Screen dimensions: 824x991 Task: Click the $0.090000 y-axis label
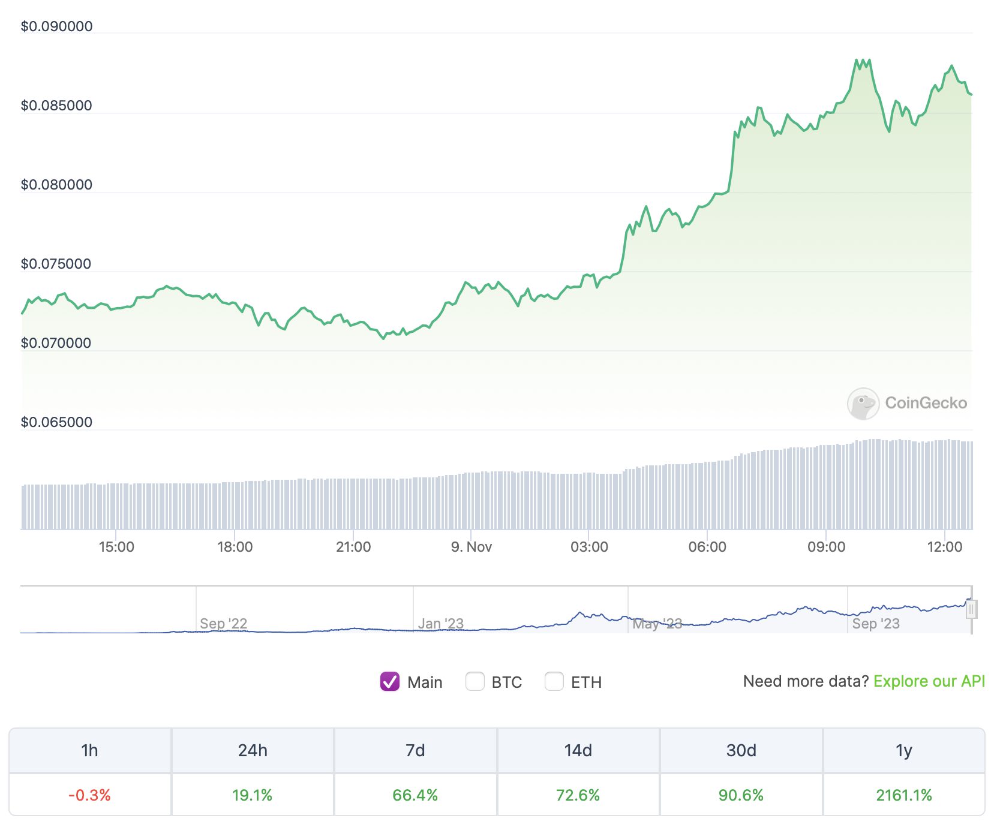56,26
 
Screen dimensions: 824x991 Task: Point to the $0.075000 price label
56,264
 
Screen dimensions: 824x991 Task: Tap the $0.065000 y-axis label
56,422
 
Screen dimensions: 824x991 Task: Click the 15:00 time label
116,547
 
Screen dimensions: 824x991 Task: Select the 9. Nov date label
472,547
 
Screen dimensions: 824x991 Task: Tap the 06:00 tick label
707,547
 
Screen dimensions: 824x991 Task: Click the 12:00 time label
944,547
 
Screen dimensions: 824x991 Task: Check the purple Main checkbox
390,681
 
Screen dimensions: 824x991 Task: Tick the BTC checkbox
475,681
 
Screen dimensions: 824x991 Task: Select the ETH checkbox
554,681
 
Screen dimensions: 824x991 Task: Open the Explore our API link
929,681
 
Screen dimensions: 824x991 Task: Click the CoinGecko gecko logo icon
863,403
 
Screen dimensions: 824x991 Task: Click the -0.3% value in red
90,795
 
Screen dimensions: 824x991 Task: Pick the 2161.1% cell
903,795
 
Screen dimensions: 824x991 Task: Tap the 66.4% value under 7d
415,795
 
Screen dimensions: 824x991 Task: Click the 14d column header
578,750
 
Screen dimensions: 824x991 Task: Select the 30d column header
741,750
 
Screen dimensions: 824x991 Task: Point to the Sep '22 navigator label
223,624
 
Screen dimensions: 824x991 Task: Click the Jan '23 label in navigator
441,624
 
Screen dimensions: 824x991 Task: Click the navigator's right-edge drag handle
971,609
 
